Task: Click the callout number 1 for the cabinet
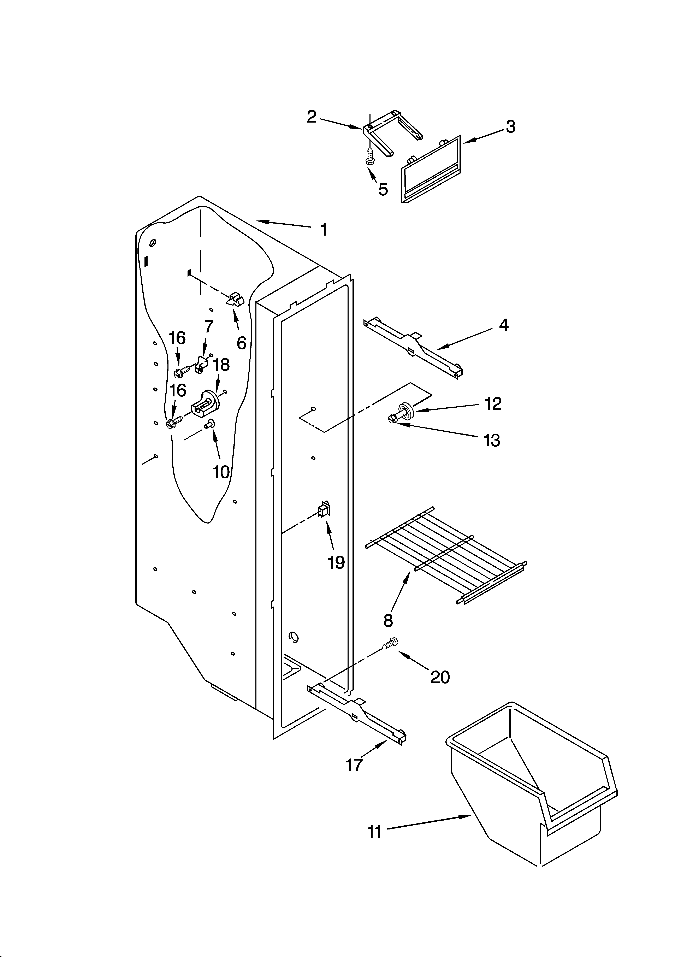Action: (323, 230)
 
